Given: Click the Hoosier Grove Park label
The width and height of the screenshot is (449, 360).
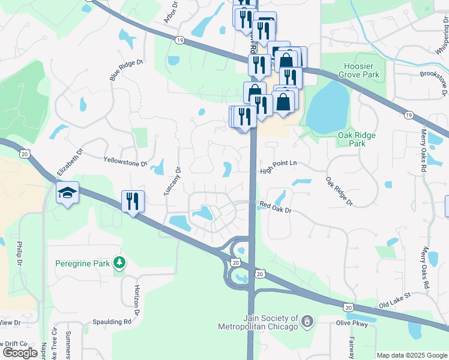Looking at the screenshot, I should click(x=358, y=70).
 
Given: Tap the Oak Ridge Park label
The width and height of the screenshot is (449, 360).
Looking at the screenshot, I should click(x=357, y=139).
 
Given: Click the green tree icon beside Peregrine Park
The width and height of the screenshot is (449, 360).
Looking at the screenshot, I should click(x=120, y=262).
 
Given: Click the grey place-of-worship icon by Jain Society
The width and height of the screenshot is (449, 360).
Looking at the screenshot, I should click(x=307, y=322).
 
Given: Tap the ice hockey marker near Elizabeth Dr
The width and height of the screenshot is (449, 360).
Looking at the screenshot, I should click(x=67, y=193).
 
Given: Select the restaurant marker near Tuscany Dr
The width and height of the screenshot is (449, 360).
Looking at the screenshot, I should click(x=133, y=200).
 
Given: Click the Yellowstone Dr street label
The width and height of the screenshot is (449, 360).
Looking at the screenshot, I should click(x=125, y=163).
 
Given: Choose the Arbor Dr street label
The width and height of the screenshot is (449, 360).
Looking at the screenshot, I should click(x=172, y=12).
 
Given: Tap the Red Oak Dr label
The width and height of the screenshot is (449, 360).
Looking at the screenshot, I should click(x=275, y=206).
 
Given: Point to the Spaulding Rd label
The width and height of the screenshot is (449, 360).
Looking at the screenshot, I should click(x=112, y=322).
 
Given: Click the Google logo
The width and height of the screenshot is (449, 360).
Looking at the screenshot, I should click(x=20, y=353).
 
